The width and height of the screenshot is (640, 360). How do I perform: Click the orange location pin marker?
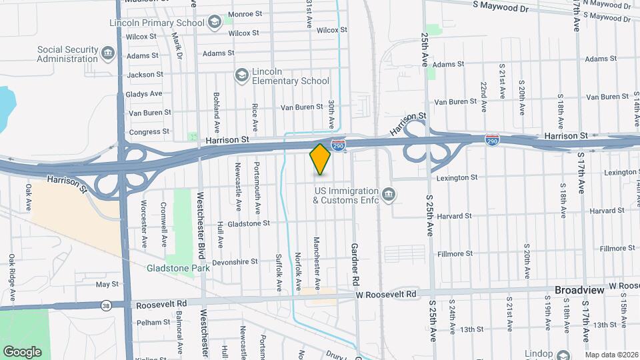320,159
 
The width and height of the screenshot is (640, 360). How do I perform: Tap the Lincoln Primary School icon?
214,23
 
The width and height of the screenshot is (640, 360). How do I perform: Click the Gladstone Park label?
178,268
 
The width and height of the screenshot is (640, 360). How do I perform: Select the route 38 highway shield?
106,306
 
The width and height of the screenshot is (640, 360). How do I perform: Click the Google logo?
22,351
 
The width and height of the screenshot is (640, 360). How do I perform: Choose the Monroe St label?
245,14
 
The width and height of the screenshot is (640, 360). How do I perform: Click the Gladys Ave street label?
145,94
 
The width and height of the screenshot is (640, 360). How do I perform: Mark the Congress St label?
145,132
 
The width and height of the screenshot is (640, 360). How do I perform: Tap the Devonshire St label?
235,262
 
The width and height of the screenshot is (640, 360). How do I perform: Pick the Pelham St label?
154,322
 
